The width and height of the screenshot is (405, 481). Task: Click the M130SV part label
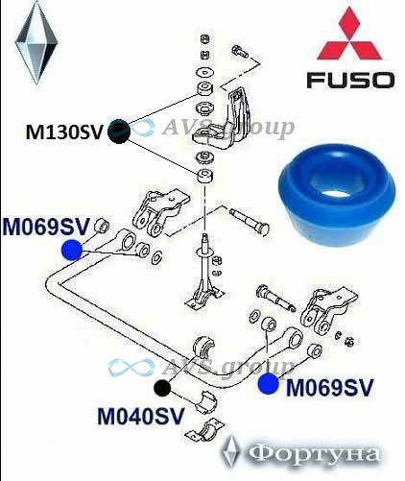pos(64,132)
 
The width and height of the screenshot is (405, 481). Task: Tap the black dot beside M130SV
pos(119,132)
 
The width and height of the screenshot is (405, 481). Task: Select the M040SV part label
pos(141,416)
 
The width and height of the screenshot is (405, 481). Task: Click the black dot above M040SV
pos(162,388)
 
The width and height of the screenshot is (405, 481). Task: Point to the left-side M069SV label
pos(45,227)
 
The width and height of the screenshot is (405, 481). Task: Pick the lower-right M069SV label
pos(330,388)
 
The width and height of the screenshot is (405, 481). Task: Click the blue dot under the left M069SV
pos(72,250)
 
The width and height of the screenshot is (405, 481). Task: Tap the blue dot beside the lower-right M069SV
pos(269,384)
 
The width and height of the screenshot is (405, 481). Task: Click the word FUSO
pos(350,80)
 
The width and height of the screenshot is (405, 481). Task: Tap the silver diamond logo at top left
pos(36,42)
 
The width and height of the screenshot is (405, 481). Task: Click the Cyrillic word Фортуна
pos(315,454)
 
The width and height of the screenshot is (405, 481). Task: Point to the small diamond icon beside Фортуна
pos(232,450)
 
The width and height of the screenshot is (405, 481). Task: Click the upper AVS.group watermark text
pos(228,128)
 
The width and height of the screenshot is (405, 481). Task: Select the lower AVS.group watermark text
pos(228,367)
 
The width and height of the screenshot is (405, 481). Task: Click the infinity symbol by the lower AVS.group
pos(131,367)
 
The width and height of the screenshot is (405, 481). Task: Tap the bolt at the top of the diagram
pos(239,51)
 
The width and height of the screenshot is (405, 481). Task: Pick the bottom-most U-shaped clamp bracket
pos(205,430)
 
